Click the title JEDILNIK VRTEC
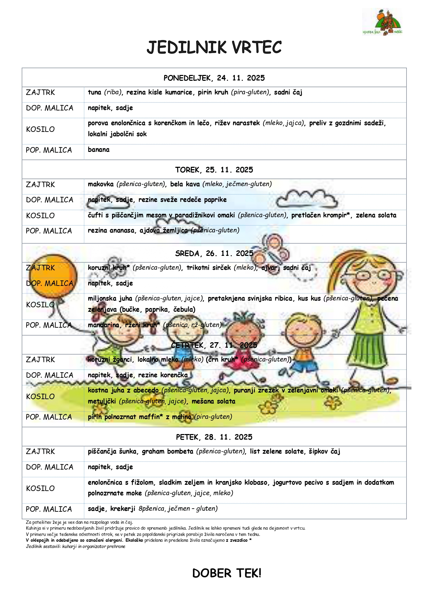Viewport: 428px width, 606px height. pyautogui.click(x=214, y=48)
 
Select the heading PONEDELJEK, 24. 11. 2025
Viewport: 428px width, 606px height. pyautogui.click(x=214, y=78)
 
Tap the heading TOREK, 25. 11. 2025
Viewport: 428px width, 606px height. pyautogui.click(x=214, y=170)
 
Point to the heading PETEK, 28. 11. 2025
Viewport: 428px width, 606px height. pyautogui.click(x=214, y=437)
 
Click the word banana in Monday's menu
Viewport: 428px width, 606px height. pyautogui.click(x=99, y=150)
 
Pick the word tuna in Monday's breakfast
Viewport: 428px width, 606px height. pyautogui.click(x=94, y=93)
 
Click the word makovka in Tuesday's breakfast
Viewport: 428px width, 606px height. pyautogui.click(x=101, y=184)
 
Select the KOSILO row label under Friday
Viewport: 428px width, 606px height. pyautogui.click(x=40, y=489)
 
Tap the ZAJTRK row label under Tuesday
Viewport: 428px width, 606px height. pyautogui.click(x=40, y=185)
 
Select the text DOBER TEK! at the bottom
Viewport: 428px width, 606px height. pyautogui.click(x=227, y=574)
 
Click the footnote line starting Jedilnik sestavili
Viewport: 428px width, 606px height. pyautogui.click(x=76, y=547)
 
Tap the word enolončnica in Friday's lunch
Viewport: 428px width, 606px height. pyautogui.click(x=105, y=483)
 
